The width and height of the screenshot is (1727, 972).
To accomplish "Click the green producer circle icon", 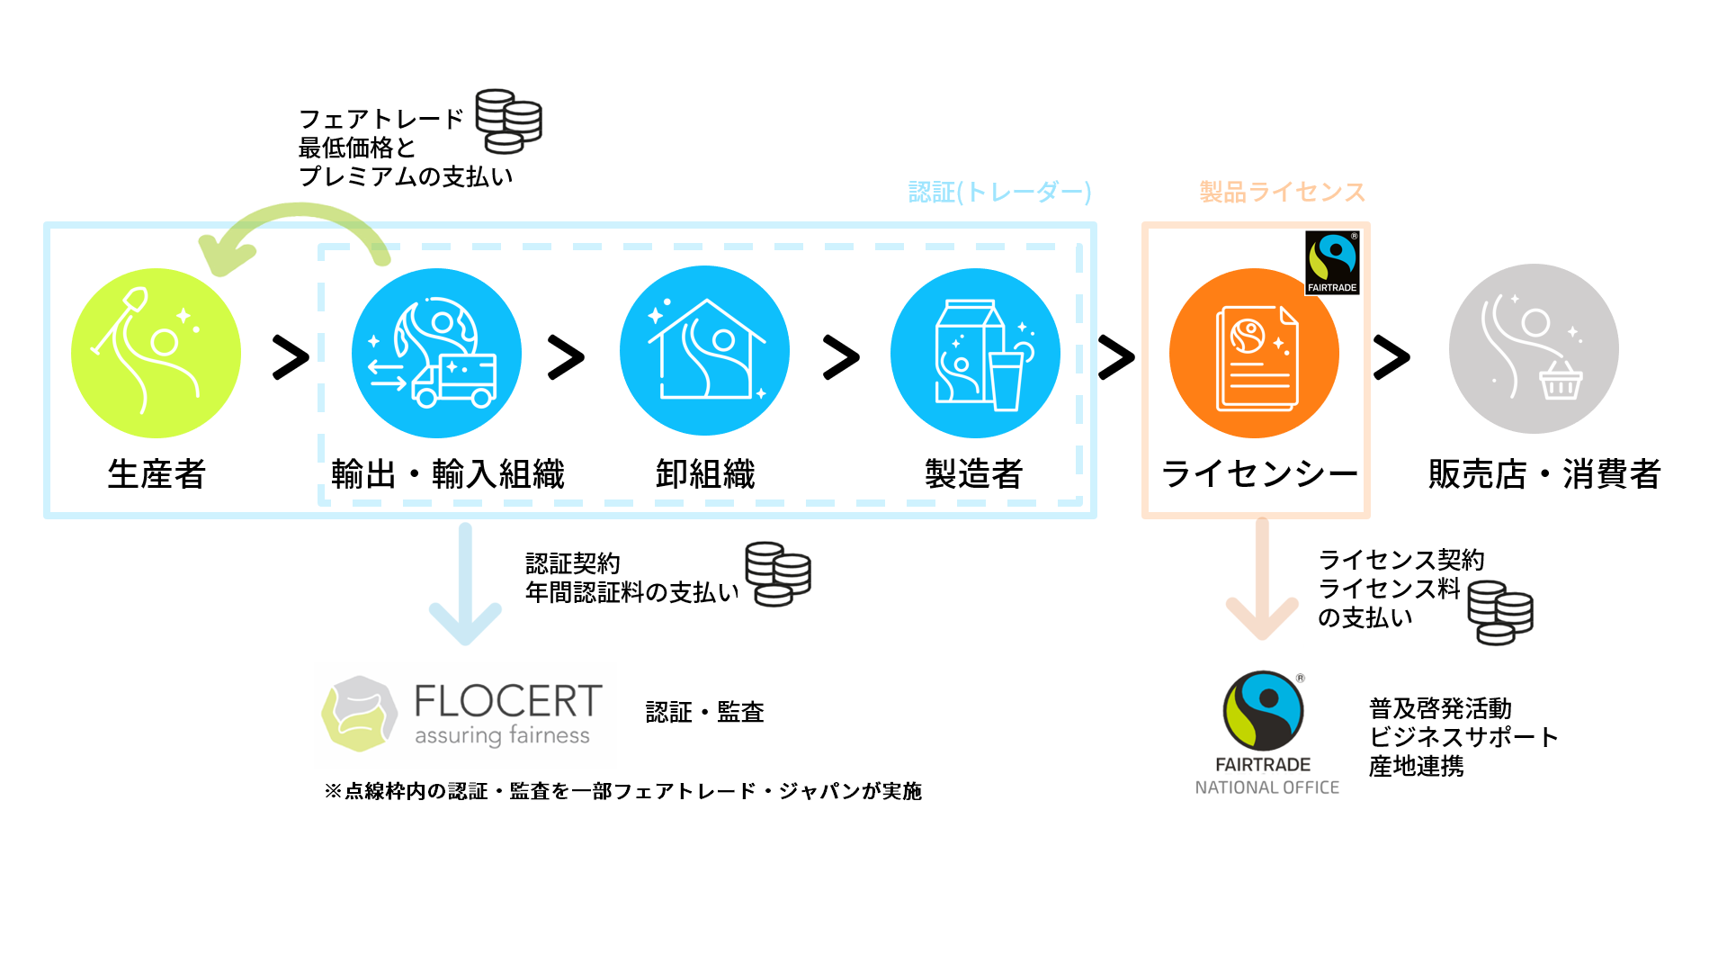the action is (156, 353).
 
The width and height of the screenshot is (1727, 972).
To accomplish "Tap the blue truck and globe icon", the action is (436, 353).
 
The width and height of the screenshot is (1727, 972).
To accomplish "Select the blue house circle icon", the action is (704, 351).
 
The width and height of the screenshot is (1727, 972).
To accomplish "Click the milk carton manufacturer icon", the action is (975, 353).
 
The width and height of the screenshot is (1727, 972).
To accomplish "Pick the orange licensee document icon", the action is (1254, 353).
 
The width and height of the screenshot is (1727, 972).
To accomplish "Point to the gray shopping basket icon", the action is (1534, 349).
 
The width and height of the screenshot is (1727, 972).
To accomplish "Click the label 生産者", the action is (157, 473).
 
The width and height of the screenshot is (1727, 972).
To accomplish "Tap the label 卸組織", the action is (705, 473).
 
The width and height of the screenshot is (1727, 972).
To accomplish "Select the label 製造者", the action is (974, 473).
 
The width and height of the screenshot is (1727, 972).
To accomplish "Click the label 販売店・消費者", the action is (1544, 473).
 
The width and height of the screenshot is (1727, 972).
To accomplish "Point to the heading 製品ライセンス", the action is (1283, 192).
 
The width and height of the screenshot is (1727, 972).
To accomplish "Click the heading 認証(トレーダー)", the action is (999, 192).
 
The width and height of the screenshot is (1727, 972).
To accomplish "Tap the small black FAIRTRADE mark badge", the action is (1332, 263).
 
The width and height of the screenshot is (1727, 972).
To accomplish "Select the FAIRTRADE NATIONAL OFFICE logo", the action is (1266, 733).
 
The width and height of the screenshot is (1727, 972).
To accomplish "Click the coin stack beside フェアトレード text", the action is (509, 121).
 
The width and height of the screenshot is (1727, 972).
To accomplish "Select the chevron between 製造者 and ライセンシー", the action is (1116, 357).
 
